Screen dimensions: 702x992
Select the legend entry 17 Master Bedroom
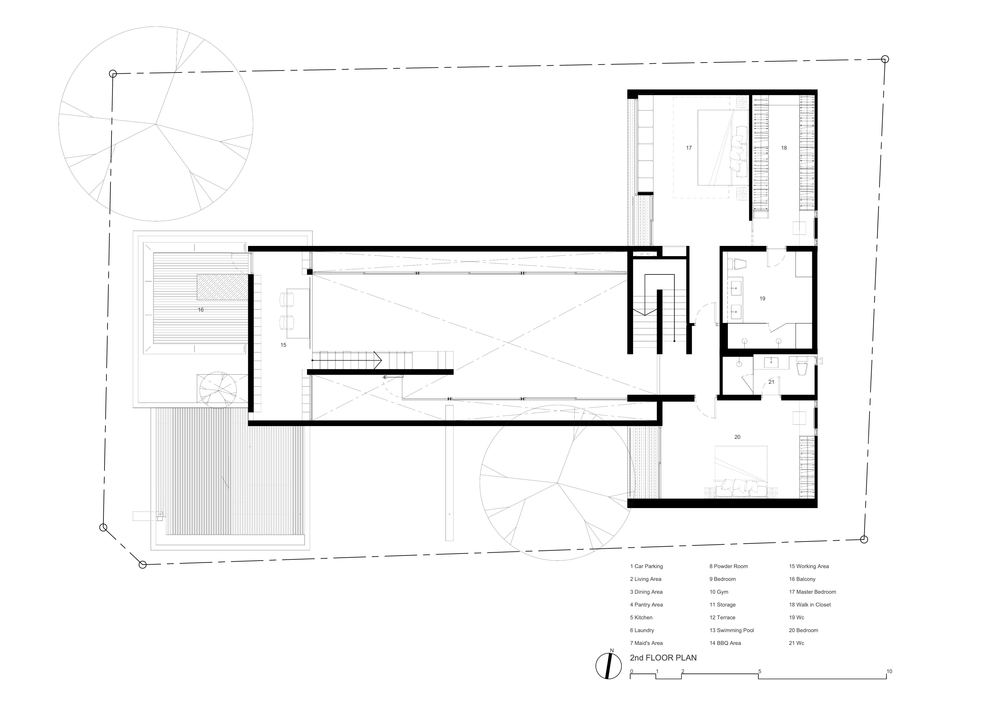tap(812, 592)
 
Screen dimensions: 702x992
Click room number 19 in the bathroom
tap(762, 298)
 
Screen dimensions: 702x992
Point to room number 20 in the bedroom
tap(737, 437)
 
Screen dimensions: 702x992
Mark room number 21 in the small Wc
tap(771, 382)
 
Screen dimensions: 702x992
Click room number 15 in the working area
tap(283, 345)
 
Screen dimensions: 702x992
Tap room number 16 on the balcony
tap(201, 310)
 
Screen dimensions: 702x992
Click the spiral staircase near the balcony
tap(217, 389)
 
